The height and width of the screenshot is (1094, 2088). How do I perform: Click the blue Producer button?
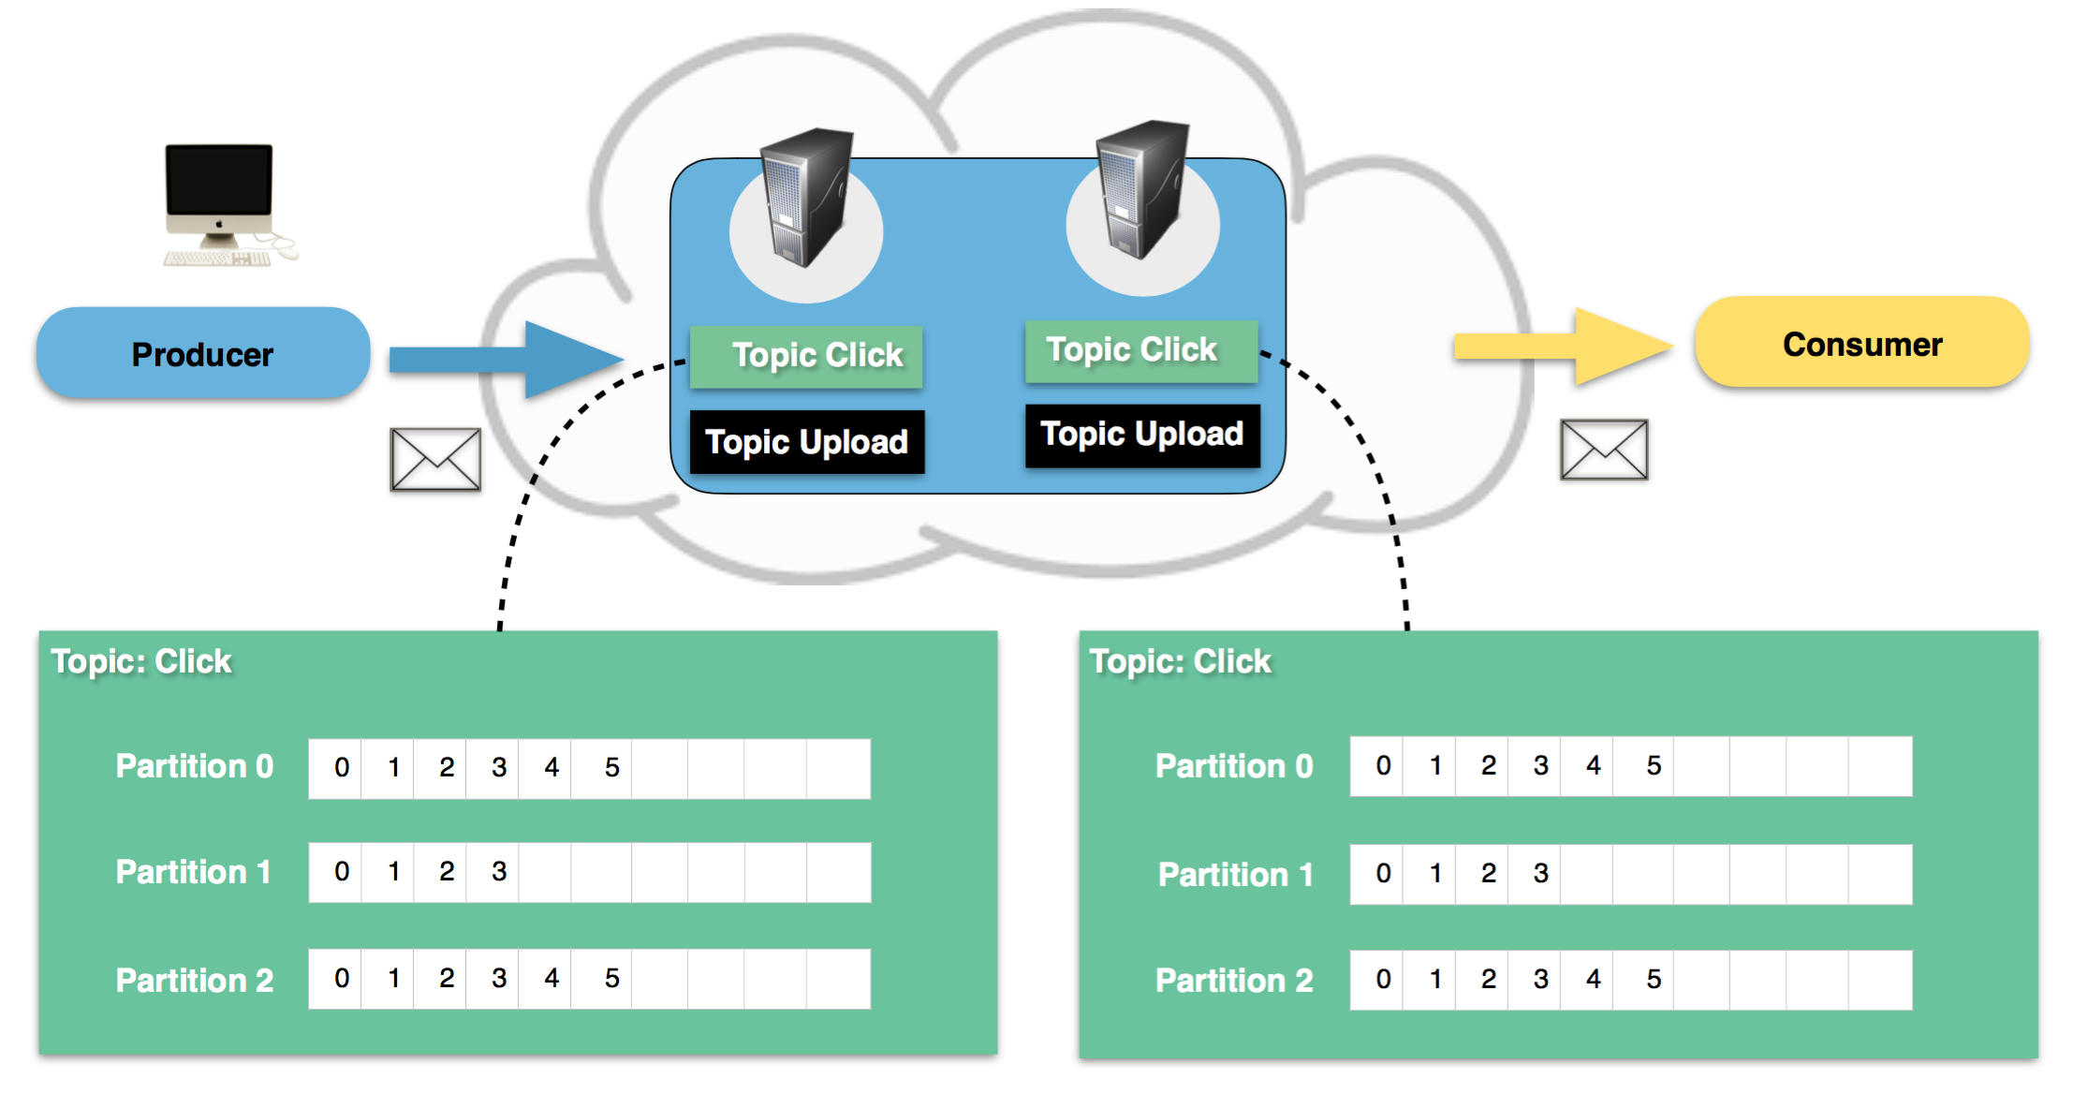[x=202, y=354]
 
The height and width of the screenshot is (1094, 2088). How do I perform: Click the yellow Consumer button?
[x=1861, y=344]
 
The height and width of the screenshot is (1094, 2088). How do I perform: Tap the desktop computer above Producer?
[x=222, y=204]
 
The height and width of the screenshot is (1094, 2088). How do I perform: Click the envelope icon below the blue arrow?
[x=435, y=459]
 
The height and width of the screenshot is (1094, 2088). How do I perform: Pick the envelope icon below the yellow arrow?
[x=1604, y=450]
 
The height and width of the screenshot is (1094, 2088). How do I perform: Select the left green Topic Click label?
[x=806, y=356]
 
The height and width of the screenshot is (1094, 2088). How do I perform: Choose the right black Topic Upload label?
[x=1142, y=435]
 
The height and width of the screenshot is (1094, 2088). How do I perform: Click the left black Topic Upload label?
[x=806, y=442]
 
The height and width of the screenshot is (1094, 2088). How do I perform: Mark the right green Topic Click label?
[x=1140, y=350]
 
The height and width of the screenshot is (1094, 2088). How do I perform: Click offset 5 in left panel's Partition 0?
[x=611, y=768]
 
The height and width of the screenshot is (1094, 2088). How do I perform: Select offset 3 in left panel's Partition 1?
[x=499, y=872]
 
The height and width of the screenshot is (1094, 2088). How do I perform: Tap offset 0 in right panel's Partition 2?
[x=1383, y=980]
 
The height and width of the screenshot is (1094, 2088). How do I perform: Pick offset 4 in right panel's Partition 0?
[x=1594, y=766]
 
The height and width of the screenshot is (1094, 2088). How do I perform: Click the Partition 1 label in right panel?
[x=1235, y=875]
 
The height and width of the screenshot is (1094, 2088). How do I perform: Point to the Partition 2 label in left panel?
[x=195, y=981]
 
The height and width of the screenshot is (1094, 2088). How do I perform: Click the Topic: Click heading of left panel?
[x=141, y=661]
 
